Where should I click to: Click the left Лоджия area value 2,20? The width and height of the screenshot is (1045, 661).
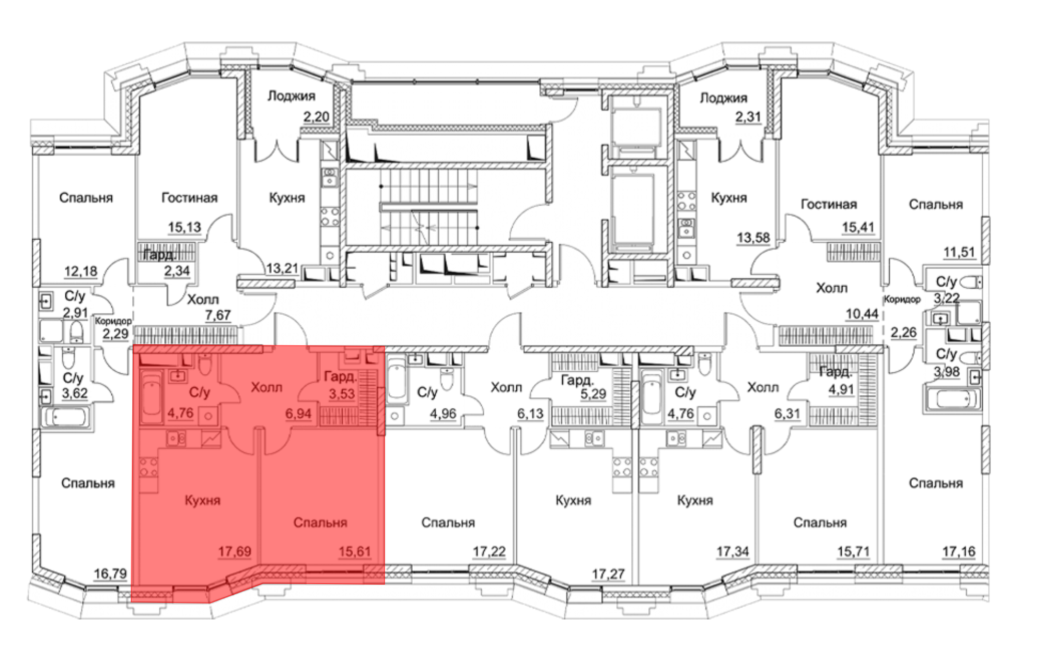coord(316,116)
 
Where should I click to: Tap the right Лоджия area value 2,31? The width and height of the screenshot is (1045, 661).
coord(748,117)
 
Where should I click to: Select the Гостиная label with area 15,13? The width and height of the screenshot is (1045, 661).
coord(189,198)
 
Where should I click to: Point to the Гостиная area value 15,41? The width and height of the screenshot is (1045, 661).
coord(858,227)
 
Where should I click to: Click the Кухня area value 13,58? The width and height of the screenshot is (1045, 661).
coord(753,238)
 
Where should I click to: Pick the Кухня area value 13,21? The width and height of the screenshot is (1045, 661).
coord(282,268)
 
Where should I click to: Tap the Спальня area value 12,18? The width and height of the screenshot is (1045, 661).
coord(80,272)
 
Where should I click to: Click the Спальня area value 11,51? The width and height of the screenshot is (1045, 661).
coord(959,252)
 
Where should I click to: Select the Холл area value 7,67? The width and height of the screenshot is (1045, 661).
coord(218,315)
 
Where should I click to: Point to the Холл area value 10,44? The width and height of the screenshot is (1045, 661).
coord(862,314)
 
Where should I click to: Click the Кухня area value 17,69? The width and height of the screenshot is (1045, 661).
coord(235,551)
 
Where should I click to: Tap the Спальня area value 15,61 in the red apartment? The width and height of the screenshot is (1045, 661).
coord(355,551)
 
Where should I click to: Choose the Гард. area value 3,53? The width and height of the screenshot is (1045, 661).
coord(342,394)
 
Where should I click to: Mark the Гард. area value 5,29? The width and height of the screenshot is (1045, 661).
coord(593,394)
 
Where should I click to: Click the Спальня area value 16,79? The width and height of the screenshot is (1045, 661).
coord(110,574)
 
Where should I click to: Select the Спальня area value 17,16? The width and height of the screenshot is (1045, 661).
coord(959,551)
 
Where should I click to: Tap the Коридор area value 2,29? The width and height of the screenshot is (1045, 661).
coord(115,334)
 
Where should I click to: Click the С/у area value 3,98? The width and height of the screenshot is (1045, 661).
coord(947,372)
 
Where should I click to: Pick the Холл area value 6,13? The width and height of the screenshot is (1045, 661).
coord(530,414)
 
